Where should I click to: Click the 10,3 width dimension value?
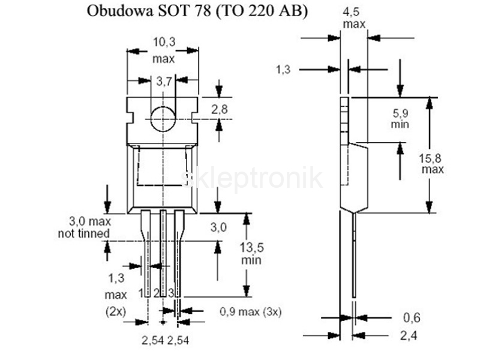tap(163, 42)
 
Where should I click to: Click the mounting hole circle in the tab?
tap(163, 118)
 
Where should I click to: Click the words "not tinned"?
tap(83, 233)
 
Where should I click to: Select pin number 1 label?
tap(142, 292)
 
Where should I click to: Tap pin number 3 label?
tap(171, 292)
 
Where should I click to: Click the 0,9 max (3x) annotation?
tap(250, 311)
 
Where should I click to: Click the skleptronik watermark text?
tap(252, 178)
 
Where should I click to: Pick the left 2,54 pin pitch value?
tap(151, 340)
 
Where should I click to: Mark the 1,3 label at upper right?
tap(283, 70)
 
